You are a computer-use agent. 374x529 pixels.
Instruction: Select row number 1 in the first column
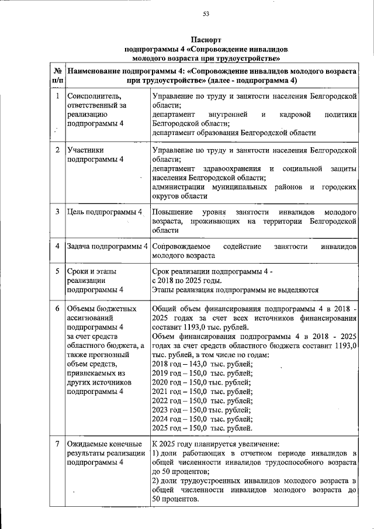57,95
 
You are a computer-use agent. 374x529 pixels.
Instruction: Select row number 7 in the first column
57,444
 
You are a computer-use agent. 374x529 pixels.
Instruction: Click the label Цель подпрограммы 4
105,211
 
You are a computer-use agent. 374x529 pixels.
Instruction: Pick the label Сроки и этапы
92,271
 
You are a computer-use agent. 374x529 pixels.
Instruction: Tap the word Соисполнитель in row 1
93,95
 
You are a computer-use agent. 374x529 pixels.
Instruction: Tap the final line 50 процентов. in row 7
175,499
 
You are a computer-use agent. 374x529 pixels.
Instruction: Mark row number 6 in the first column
57,308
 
